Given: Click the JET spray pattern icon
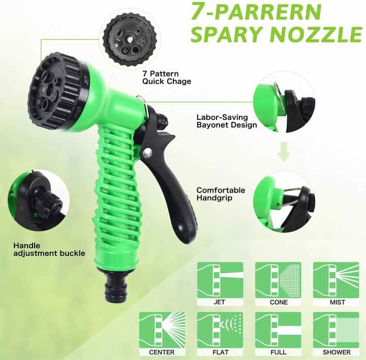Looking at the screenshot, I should [220, 280].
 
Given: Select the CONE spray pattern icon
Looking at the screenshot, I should [278, 280].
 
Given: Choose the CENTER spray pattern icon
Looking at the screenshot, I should [162, 330].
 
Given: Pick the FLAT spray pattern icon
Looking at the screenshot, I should [220, 330].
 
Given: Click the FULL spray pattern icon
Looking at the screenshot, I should [278, 330].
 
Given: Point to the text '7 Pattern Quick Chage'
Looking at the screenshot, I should [167, 77].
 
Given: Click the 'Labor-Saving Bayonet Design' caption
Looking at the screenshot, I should [226, 121].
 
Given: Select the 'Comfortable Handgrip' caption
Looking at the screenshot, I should [221, 194].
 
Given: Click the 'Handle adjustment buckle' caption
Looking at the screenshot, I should [49, 249].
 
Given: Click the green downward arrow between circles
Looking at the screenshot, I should [284, 152].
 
